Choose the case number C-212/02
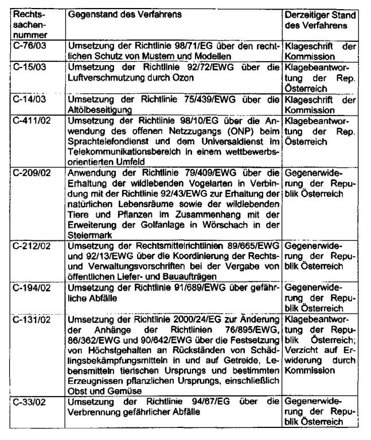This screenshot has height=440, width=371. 29,246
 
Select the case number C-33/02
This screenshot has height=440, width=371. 28,401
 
